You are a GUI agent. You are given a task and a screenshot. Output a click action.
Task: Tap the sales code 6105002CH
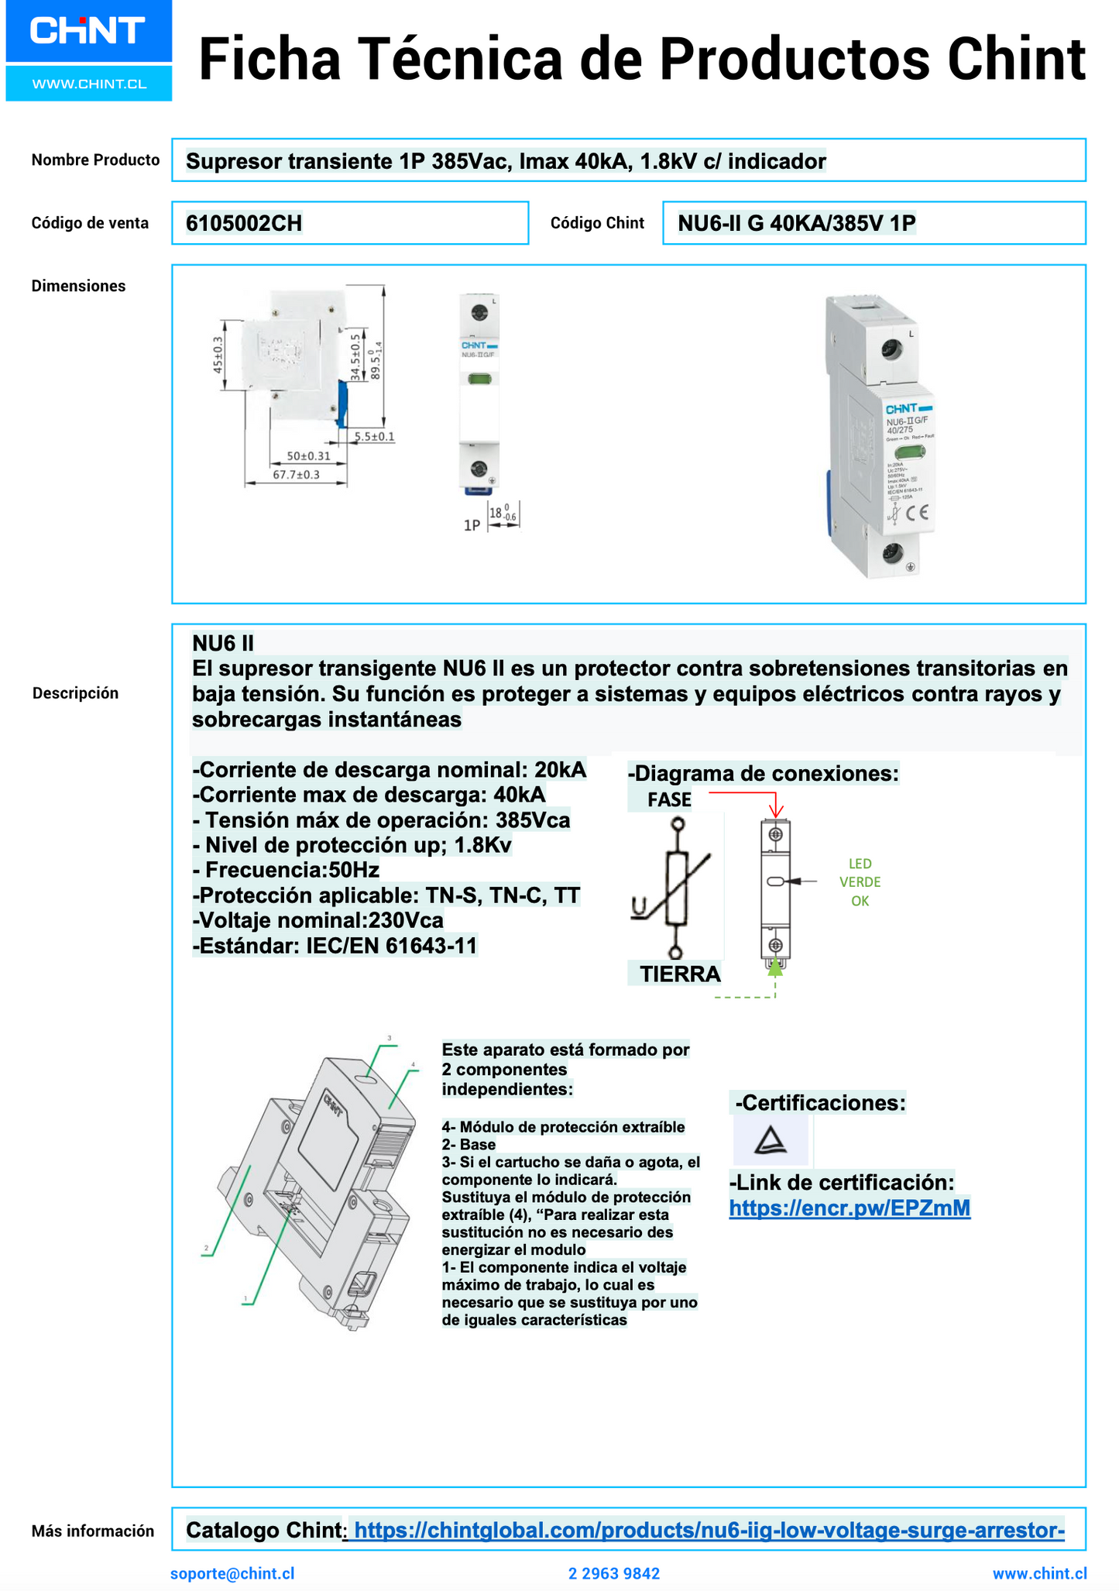[x=244, y=224]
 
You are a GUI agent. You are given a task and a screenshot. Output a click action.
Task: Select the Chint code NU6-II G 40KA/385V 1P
[x=796, y=224]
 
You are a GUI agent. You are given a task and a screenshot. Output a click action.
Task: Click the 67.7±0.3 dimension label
[x=296, y=475]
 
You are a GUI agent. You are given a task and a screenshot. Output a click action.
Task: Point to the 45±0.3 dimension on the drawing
[x=218, y=355]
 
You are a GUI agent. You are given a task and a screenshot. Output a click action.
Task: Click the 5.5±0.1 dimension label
[x=374, y=437]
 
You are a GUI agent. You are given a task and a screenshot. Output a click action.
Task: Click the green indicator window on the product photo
[x=910, y=452]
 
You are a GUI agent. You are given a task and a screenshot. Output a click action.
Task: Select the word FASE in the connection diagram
[x=669, y=800]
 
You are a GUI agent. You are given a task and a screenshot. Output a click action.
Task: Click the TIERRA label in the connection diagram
[x=680, y=974]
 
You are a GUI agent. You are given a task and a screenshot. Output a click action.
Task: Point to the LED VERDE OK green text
[x=860, y=882]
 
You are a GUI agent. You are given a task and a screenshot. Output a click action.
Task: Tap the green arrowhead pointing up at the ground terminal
[x=775, y=966]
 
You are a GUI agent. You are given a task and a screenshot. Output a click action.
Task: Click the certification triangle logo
[x=771, y=1140]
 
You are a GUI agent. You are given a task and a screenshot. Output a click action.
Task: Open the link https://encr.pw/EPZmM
[x=849, y=1208]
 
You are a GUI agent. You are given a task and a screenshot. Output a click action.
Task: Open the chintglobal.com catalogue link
[x=708, y=1530]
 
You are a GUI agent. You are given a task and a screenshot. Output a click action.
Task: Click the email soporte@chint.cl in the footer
[x=232, y=1573]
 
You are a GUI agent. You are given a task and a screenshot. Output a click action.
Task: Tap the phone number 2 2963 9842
[x=613, y=1573]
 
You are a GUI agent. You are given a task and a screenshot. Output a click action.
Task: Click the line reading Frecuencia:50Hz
[x=287, y=870]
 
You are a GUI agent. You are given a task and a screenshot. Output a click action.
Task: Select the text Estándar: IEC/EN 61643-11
[x=335, y=946]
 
